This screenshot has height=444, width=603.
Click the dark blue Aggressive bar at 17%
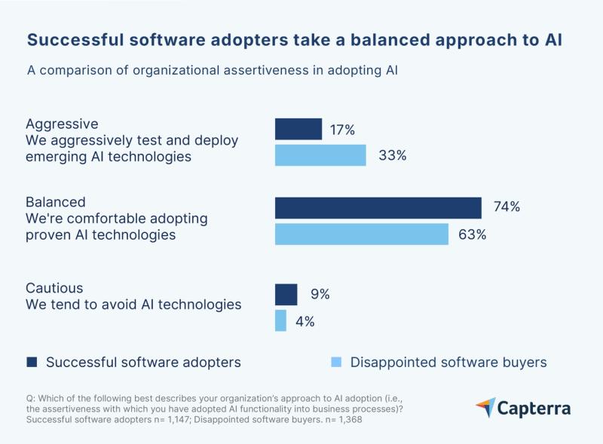(x=298, y=129)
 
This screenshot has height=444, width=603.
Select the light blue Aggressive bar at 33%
(x=320, y=155)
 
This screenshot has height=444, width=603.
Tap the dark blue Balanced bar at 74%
(x=378, y=207)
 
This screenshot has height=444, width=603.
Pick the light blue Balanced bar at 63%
(x=362, y=234)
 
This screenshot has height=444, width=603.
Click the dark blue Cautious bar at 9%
(x=286, y=294)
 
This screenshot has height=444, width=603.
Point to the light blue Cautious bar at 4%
(x=280, y=320)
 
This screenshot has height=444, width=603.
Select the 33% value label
(x=391, y=155)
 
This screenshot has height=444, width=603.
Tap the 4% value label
(x=305, y=321)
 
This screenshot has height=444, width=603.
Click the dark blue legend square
(x=32, y=363)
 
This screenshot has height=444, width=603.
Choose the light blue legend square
(x=335, y=363)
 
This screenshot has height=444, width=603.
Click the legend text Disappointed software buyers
(x=448, y=363)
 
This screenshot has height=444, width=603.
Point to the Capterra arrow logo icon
(x=485, y=408)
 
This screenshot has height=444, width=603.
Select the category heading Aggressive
(x=62, y=124)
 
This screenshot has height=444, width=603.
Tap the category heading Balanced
(x=56, y=202)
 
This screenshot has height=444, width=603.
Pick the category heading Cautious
(x=54, y=288)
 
